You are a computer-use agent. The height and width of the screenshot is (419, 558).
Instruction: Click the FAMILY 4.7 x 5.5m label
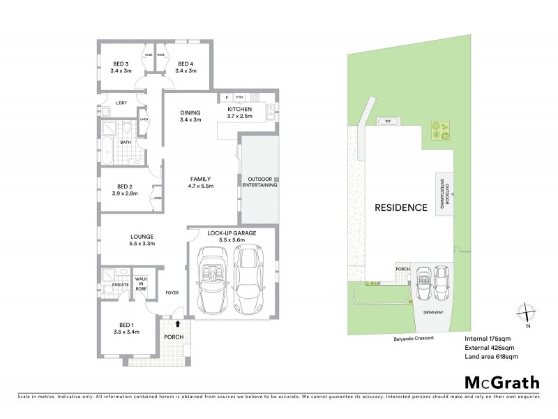(x=200, y=182)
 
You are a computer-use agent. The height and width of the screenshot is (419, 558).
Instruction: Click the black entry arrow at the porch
(x=179, y=323)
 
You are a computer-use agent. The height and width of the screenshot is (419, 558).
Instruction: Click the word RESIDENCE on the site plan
(x=400, y=207)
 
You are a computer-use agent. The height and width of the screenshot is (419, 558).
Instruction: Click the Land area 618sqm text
(x=491, y=356)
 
